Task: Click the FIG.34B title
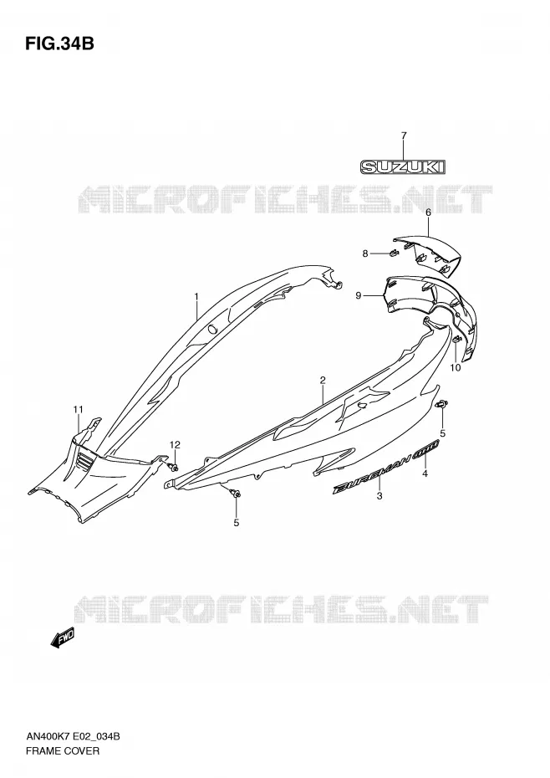pyautogui.click(x=59, y=44)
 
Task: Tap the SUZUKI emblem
pyautogui.click(x=403, y=166)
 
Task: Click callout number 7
pyautogui.click(x=404, y=136)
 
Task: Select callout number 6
pyautogui.click(x=429, y=212)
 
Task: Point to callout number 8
pyautogui.click(x=365, y=253)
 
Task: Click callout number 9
pyautogui.click(x=359, y=295)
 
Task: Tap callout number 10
pyautogui.click(x=456, y=367)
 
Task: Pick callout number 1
pyautogui.click(x=196, y=296)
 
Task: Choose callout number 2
pyautogui.click(x=323, y=381)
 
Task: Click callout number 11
pyautogui.click(x=78, y=409)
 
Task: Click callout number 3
pyautogui.click(x=379, y=496)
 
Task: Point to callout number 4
pyautogui.click(x=425, y=473)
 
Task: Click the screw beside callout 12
pyautogui.click(x=174, y=467)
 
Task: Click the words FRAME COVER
pyautogui.click(x=63, y=750)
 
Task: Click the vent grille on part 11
pyautogui.click(x=86, y=463)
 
